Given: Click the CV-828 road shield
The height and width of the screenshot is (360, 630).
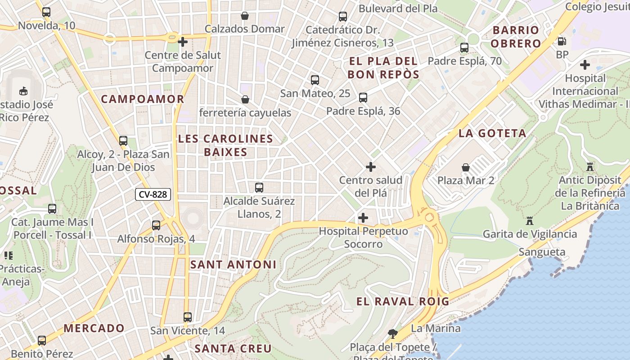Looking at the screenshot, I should pos(153,194).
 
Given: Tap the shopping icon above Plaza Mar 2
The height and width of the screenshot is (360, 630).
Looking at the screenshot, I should pos(466,167).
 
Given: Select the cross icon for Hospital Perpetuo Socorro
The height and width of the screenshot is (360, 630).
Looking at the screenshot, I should pos(363,218).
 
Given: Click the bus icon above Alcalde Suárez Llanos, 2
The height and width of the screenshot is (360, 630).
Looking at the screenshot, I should pos(259,188).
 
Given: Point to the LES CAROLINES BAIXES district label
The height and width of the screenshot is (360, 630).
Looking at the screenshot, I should pos(225,145).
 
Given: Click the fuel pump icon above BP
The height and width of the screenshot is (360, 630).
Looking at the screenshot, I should pos(562,41).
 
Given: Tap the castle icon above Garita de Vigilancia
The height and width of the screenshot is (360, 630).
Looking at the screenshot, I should pos(529,221).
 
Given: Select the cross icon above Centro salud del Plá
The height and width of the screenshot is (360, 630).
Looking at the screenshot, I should pos(370,167).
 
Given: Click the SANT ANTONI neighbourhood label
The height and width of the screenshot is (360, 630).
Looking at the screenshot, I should pos(233,265).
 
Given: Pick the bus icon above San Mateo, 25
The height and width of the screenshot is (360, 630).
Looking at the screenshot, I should pos(315,81).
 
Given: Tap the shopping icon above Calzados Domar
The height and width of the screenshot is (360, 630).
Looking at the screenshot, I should pos(244,16).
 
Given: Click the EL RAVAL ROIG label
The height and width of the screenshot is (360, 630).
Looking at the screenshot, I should pos(403,301).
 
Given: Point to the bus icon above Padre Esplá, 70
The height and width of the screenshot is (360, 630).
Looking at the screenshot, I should pos(464,48).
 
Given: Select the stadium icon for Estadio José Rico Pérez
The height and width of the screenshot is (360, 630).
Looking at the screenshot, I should pos(23,91).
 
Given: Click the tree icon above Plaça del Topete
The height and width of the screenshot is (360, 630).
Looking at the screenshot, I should pos(392,333).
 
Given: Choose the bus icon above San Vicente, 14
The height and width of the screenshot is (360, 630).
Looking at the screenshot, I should pos(188,317).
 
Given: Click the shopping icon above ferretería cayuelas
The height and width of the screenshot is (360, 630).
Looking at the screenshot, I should pos(245,99).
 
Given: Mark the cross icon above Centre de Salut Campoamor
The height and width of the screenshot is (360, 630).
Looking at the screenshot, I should pos(183,42).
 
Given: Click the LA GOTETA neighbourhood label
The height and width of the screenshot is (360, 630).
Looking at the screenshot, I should pos(492,133).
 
